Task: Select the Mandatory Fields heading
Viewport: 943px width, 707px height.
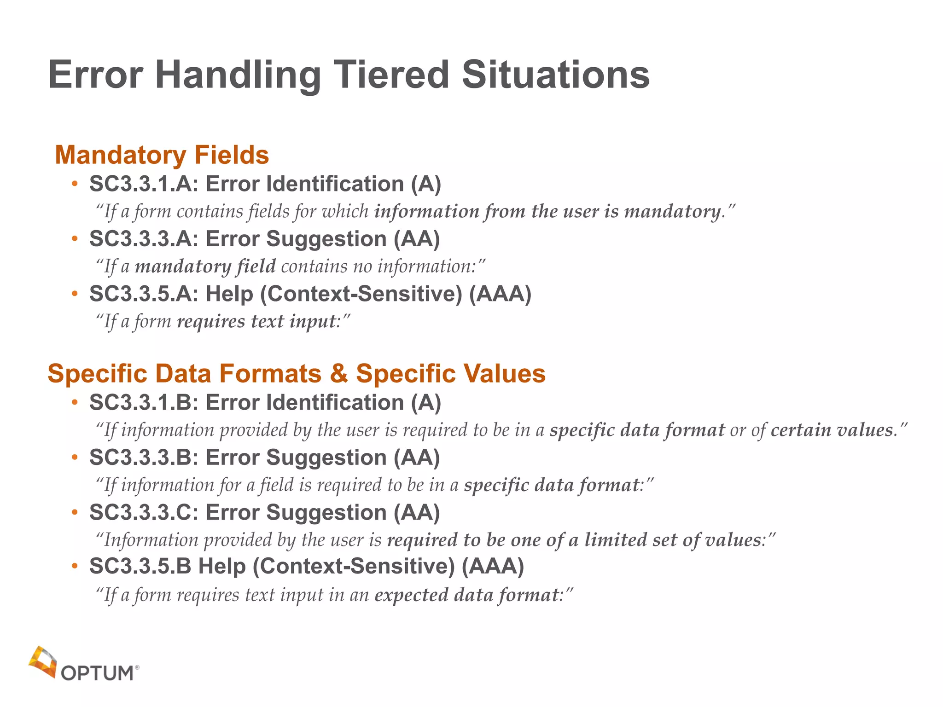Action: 162,155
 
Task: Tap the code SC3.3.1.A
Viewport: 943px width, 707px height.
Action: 144,184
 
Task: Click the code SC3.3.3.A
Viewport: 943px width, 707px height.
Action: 144,239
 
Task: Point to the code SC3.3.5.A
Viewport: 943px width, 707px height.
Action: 144,294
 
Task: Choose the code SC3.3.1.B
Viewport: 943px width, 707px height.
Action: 144,403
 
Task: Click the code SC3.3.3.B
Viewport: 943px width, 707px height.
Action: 144,458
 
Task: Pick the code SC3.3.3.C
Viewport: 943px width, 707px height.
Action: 144,512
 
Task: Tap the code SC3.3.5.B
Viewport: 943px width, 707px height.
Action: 140,566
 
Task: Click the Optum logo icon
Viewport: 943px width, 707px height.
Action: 42,662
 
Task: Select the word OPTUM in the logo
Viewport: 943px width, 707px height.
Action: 97,673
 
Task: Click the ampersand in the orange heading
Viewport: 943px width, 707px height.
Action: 339,373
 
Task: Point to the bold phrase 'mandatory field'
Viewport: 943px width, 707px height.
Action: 205,267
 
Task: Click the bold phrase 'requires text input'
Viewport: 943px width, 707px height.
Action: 256,321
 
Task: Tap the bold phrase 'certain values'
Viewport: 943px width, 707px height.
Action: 832,430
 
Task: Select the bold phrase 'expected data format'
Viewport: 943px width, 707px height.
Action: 466,595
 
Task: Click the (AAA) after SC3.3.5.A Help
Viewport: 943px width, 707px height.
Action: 500,294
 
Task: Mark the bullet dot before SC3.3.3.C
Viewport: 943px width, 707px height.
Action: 75,512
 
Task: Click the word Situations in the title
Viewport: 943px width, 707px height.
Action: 556,75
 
